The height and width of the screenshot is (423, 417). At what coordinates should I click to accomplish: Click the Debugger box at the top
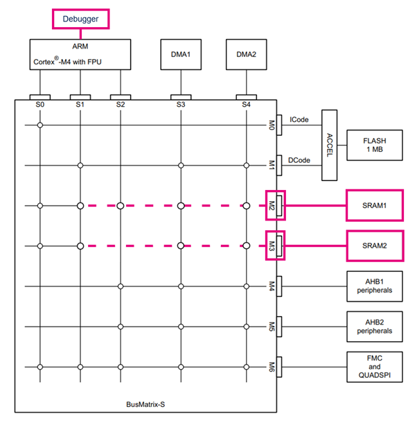80,19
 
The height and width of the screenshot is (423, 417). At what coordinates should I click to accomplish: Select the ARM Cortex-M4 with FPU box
80,53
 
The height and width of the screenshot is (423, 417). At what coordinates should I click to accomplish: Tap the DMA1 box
180,53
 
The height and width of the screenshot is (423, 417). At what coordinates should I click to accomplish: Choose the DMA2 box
246,53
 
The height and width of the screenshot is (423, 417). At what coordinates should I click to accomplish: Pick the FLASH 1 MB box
374,144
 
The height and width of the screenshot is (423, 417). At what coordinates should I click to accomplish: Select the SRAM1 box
374,205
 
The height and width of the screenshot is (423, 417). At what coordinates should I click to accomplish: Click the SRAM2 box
374,245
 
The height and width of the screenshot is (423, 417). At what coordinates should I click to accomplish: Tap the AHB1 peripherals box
374,286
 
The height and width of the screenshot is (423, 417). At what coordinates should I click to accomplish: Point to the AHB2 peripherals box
374,326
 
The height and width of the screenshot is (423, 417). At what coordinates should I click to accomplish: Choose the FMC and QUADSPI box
374,366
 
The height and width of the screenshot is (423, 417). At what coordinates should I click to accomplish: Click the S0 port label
40,104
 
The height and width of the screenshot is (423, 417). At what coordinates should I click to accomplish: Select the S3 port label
180,104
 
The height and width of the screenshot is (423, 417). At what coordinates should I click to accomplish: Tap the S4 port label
246,104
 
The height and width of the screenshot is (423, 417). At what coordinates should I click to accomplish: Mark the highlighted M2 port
274,205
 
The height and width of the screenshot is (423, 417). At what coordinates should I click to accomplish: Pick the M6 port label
273,366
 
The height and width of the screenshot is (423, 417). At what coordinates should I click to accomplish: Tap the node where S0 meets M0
40,125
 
